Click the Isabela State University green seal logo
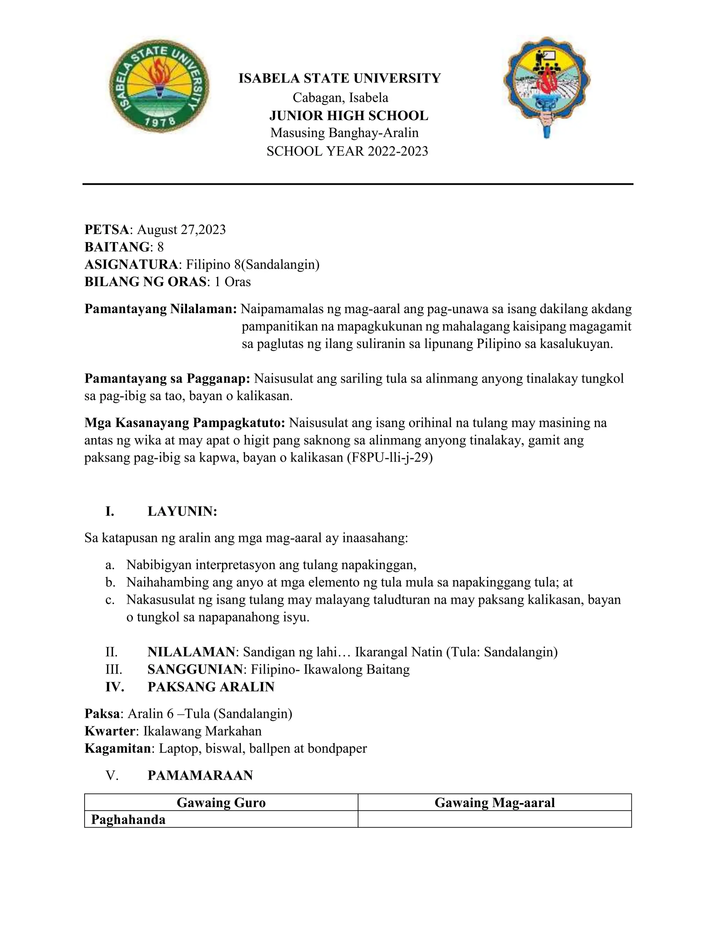click(159, 89)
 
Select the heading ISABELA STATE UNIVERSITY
click(340, 78)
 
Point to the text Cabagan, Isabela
click(340, 98)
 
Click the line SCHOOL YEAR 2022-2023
click(347, 151)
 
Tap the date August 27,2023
click(181, 229)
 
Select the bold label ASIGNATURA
click(131, 264)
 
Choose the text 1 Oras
click(232, 282)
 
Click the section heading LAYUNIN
click(182, 511)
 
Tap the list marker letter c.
click(109, 600)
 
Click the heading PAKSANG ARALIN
click(211, 687)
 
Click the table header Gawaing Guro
click(221, 802)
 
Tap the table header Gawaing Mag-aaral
click(495, 802)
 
